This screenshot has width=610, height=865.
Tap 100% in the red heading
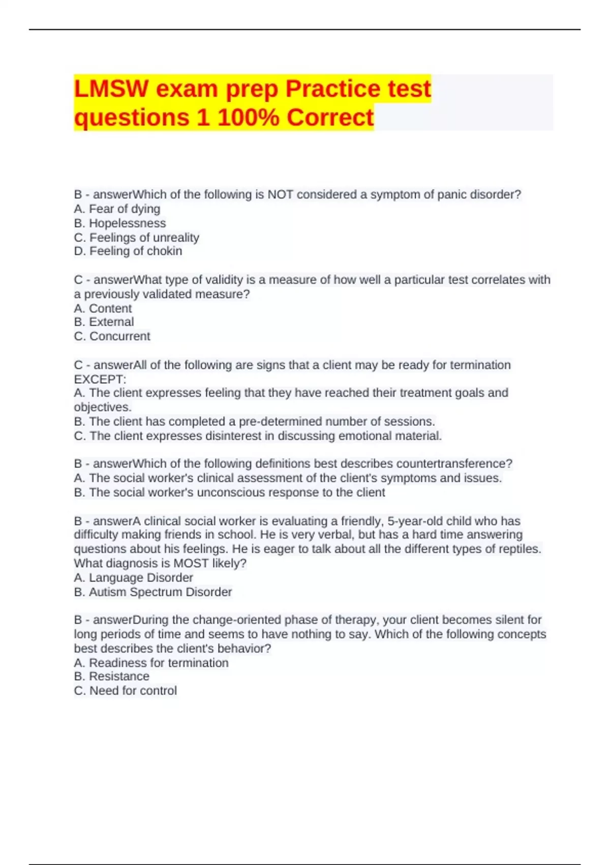(248, 118)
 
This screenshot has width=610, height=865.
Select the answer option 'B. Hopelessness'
(120, 223)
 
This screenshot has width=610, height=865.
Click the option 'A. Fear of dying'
(117, 209)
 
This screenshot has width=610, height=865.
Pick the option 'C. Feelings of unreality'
(136, 238)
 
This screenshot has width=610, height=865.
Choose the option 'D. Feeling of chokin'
(128, 251)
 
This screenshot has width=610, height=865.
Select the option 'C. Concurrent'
(112, 336)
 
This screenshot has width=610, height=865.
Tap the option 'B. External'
(104, 322)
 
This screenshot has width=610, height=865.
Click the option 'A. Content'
(103, 308)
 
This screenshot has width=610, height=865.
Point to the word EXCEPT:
(100, 380)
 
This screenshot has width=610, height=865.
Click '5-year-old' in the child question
(415, 521)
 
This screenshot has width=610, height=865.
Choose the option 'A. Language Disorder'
(133, 578)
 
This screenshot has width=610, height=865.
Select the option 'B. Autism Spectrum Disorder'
(152, 592)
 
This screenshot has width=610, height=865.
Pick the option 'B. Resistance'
(111, 677)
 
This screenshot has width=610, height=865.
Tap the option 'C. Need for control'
(125, 691)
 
